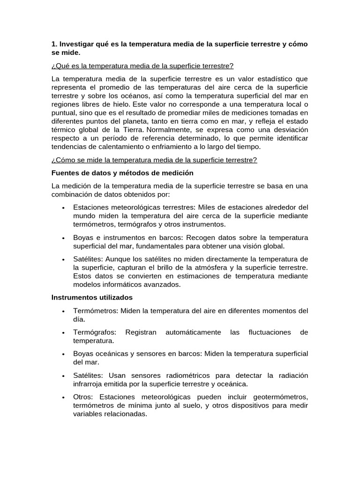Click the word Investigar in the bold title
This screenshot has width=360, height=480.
tap(77, 44)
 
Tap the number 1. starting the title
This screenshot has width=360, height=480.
tap(54, 44)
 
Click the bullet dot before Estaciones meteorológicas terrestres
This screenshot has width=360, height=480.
tap(62, 208)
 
